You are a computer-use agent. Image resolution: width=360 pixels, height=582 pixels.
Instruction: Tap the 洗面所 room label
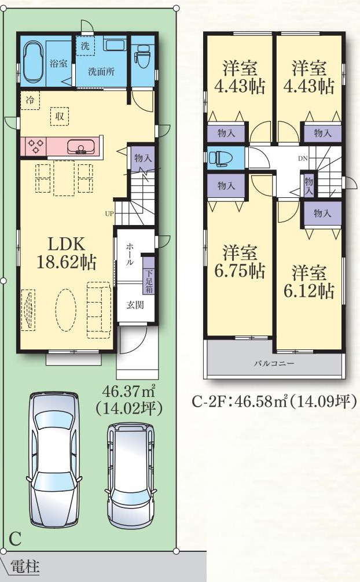pos(101,71)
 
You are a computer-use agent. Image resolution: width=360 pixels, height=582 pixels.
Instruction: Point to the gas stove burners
pos(35,146)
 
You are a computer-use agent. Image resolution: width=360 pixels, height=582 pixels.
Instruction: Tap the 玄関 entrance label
pos(135,304)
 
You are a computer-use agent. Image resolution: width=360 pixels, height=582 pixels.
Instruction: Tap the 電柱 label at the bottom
pos(24,567)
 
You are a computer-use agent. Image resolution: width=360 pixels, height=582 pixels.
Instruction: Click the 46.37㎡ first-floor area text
pos(128,391)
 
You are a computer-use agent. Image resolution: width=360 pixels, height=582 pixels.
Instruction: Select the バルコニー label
pos(274,363)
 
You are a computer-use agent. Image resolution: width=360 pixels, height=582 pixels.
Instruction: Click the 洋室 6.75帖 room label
pos(240,261)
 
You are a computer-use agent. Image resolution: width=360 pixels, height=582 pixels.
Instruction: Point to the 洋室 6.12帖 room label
pos(308,282)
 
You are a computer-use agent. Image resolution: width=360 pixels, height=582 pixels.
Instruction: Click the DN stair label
pos(303,159)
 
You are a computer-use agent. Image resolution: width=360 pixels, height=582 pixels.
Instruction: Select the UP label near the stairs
pos(109,214)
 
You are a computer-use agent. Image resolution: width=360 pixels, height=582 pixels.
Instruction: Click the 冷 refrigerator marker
pos(30,100)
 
